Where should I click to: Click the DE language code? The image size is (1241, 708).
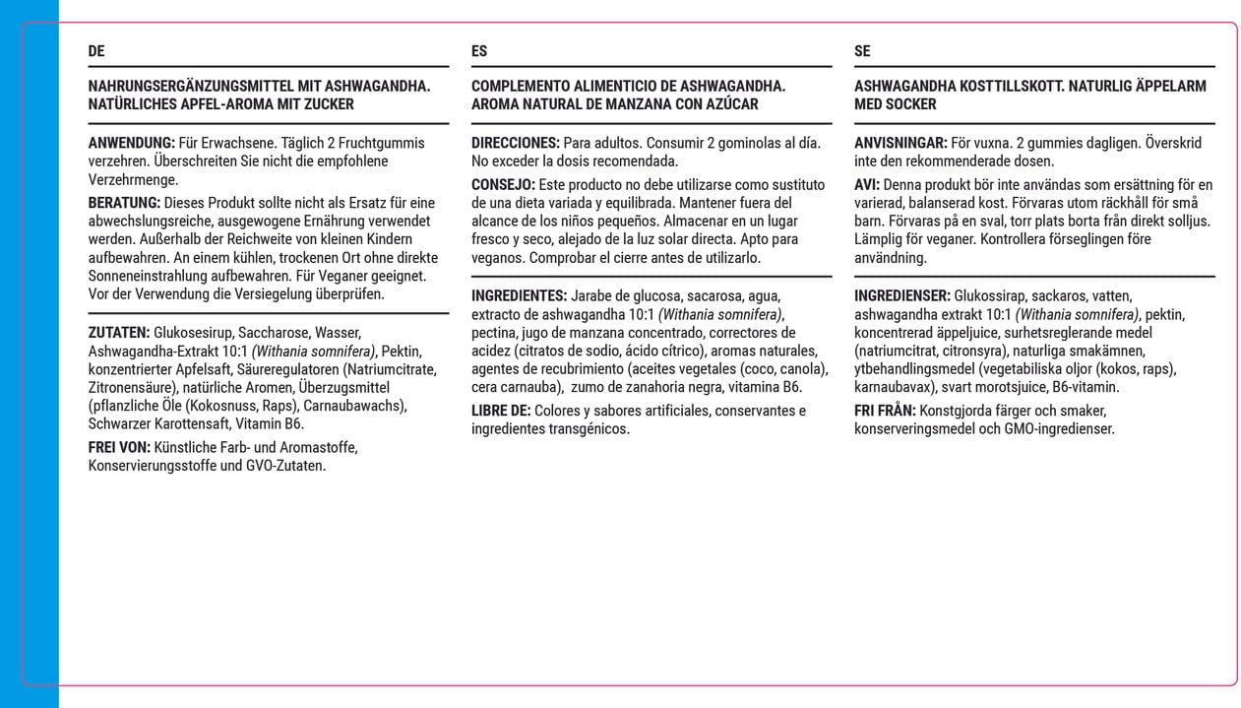pyautogui.click(x=96, y=51)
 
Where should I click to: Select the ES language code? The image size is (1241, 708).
pyautogui.click(x=479, y=51)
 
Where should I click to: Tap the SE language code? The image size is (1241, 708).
pyautogui.click(x=862, y=51)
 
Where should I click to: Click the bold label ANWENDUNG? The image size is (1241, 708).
pyautogui.click(x=132, y=143)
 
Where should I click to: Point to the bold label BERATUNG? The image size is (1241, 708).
pyautogui.click(x=124, y=203)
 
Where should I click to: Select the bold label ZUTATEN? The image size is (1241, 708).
pyautogui.click(x=119, y=332)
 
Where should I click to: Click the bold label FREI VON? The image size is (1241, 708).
pyautogui.click(x=119, y=448)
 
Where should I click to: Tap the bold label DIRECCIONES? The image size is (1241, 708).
pyautogui.click(x=516, y=143)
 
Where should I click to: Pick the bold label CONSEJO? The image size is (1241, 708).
pyautogui.click(x=503, y=184)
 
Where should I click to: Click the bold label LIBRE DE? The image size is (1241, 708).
pyautogui.click(x=501, y=411)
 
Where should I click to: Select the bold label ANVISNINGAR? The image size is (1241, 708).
pyautogui.click(x=900, y=143)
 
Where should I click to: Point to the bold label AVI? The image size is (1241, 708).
pyautogui.click(x=867, y=184)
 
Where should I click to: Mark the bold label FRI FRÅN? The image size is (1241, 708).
pyautogui.click(x=885, y=411)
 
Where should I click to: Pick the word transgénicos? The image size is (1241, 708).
pyautogui.click(x=589, y=429)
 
